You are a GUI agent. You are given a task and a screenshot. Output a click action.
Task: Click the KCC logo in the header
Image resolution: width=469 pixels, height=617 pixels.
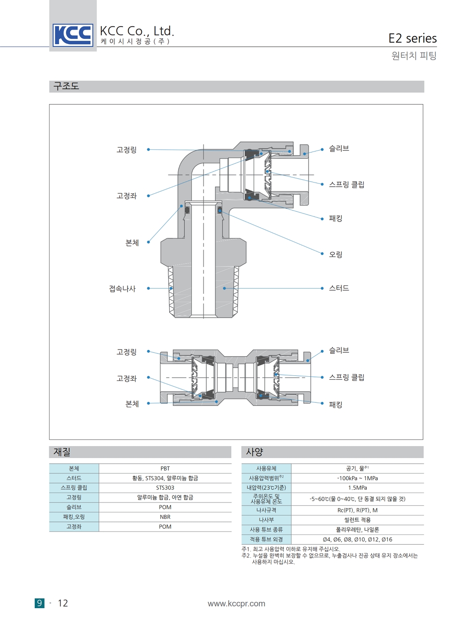click(x=73, y=35)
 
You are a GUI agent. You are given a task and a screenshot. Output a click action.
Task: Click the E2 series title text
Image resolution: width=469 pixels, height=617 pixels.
click(x=412, y=38)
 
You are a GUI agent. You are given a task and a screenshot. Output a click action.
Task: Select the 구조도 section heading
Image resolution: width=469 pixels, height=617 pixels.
click(x=66, y=86)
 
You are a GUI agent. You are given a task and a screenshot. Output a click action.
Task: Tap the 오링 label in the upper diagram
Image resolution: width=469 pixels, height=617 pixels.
click(x=335, y=254)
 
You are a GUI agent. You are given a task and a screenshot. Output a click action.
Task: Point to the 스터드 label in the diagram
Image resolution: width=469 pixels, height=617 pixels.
click(x=339, y=288)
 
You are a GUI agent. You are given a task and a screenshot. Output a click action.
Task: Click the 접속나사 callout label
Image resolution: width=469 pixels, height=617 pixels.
click(x=122, y=289)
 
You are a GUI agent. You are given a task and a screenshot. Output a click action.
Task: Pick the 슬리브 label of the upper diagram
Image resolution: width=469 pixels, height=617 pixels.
click(x=339, y=149)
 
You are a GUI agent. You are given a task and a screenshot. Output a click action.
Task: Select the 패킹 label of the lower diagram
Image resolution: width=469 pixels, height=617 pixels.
click(x=335, y=404)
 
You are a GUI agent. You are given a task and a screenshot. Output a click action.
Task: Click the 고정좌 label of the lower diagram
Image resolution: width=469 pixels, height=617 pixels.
click(x=126, y=378)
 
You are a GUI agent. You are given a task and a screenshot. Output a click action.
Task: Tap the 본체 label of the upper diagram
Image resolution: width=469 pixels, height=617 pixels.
click(x=132, y=243)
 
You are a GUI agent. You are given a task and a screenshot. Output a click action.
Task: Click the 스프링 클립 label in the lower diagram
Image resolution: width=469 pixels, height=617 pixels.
click(x=346, y=377)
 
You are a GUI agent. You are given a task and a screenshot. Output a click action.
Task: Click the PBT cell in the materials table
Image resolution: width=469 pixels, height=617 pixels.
click(x=165, y=468)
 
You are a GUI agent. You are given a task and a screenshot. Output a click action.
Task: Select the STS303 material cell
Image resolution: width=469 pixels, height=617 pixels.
click(x=165, y=488)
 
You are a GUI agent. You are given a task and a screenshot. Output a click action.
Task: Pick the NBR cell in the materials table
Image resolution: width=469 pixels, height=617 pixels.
click(x=165, y=517)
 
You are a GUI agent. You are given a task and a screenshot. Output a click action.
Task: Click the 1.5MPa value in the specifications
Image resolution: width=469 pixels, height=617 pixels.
click(x=357, y=488)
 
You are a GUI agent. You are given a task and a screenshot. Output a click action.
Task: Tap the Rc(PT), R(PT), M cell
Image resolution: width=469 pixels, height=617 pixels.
click(x=357, y=510)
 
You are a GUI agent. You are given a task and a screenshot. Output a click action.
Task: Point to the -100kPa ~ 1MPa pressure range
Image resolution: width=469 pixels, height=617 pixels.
click(x=357, y=478)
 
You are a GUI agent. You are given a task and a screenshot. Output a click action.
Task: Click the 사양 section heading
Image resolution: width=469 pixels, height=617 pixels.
click(x=255, y=452)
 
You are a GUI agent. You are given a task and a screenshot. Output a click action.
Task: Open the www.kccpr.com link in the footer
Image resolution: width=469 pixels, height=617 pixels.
click(x=236, y=603)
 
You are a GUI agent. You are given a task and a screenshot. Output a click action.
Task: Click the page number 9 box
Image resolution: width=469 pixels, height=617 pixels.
click(x=39, y=603)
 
